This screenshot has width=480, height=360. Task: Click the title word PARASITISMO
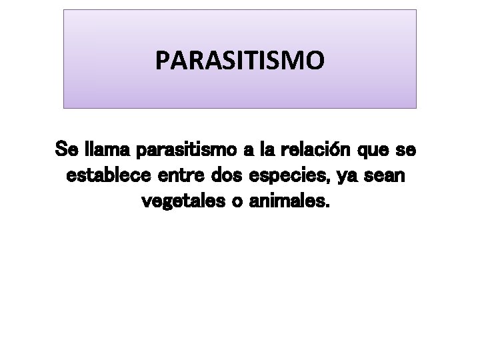(240, 61)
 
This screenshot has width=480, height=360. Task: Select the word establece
(112, 176)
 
